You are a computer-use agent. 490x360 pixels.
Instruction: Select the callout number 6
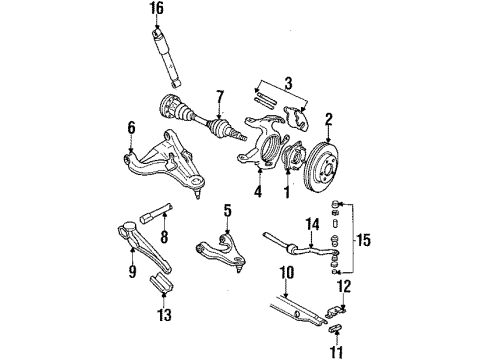pyautogui.click(x=131, y=126)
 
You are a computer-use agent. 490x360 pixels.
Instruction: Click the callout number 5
pyautogui.click(x=227, y=239)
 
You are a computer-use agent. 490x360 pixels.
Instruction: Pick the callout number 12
pyautogui.click(x=345, y=287)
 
